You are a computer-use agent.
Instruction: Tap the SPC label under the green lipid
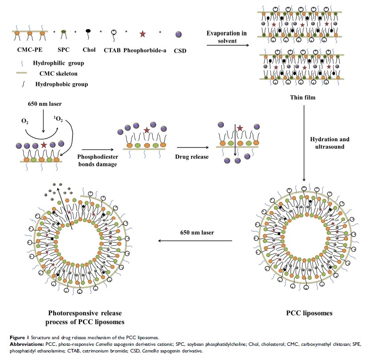point(64,50)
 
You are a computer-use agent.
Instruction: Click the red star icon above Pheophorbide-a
point(143,34)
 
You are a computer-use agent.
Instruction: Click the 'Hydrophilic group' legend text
point(58,63)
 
